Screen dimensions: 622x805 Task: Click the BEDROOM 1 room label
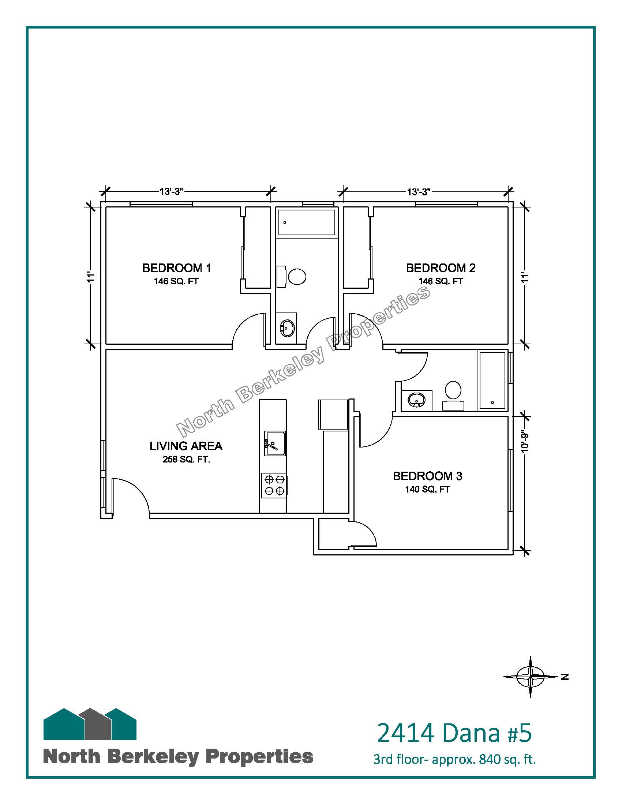point(177,268)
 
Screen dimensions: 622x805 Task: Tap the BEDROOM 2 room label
point(441,268)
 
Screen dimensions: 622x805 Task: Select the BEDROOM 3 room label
point(427,476)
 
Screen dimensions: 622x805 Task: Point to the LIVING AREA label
point(186,446)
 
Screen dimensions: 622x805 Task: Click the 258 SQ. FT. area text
point(187,460)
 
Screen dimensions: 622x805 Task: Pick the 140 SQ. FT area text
point(427,490)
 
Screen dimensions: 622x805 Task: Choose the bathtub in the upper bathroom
point(307,222)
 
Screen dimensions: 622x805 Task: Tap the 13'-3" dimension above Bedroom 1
point(172,192)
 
